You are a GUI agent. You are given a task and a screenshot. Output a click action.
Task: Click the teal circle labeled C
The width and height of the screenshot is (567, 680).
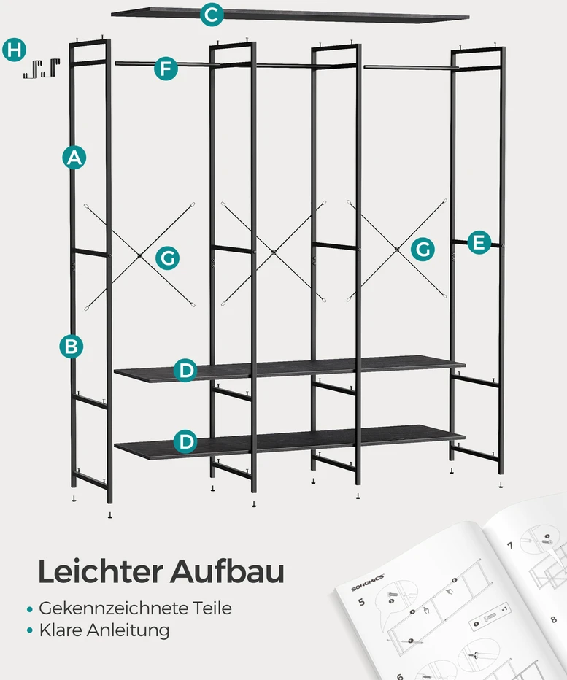pos(212,15)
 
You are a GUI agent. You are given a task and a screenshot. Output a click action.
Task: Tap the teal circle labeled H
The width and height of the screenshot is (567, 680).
pos(15,50)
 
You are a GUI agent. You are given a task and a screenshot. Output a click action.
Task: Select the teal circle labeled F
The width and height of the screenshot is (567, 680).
pos(166,69)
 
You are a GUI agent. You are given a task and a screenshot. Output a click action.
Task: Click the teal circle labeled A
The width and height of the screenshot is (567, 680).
pos(74,158)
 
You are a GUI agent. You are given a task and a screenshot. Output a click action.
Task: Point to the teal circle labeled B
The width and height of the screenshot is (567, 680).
pos(71,347)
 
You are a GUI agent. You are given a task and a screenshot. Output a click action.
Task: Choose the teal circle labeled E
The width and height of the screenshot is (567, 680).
pos(479,242)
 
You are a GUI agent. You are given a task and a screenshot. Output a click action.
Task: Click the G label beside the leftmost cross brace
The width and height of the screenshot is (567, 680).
pos(167,258)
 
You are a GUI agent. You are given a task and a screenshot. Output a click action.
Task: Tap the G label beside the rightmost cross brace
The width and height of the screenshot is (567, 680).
pos(423,249)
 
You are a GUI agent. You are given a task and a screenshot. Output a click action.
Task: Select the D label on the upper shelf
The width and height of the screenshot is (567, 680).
pos(185,371)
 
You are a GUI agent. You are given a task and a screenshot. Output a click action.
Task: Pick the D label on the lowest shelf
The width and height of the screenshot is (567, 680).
pos(185,441)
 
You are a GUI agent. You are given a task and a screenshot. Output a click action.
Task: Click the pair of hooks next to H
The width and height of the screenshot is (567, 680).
pos(41,69)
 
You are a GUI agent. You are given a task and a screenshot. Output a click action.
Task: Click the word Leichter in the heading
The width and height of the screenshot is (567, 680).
pos(100,571)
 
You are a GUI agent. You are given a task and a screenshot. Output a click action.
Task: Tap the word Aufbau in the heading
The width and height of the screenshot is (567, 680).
pos(227,571)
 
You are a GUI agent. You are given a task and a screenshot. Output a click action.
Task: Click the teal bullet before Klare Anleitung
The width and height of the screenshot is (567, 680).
pos(29,630)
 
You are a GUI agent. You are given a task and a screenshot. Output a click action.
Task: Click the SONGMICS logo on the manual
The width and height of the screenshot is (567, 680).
pos(368,582)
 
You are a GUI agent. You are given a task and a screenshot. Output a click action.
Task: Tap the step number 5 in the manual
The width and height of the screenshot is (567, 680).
pos(361,602)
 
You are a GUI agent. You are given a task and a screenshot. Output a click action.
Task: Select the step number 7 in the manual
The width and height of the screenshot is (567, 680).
pos(510,545)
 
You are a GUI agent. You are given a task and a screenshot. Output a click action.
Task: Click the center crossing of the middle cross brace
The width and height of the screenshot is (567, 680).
pos(274,252)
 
